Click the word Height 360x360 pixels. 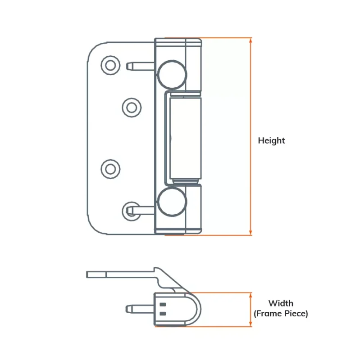click(x=271, y=140)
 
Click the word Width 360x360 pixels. click(x=281, y=303)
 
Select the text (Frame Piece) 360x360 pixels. click(x=281, y=314)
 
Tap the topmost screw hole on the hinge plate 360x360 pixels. click(x=110, y=65)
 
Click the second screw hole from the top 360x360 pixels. click(x=131, y=108)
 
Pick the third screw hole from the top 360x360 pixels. click(x=110, y=168)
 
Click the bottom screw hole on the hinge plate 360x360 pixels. click(x=131, y=210)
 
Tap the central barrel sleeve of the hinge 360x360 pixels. click(x=183, y=137)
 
